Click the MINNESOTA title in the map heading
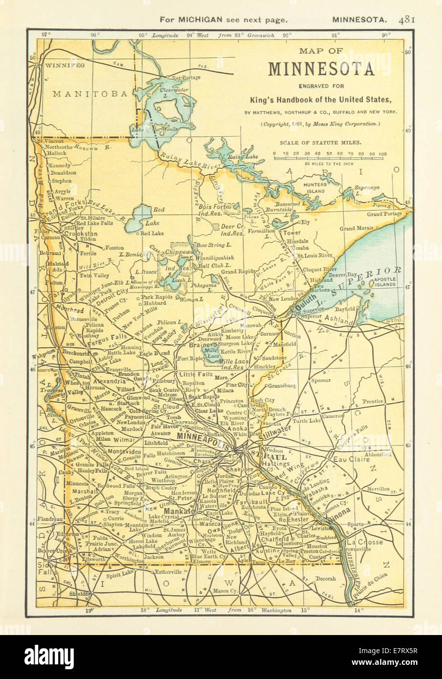click(x=321, y=69)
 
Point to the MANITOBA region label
click(x=90, y=93)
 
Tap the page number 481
click(x=406, y=20)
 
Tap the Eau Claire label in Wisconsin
click(x=350, y=460)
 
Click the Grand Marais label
click(x=357, y=228)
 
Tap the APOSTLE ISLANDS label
click(x=388, y=280)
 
